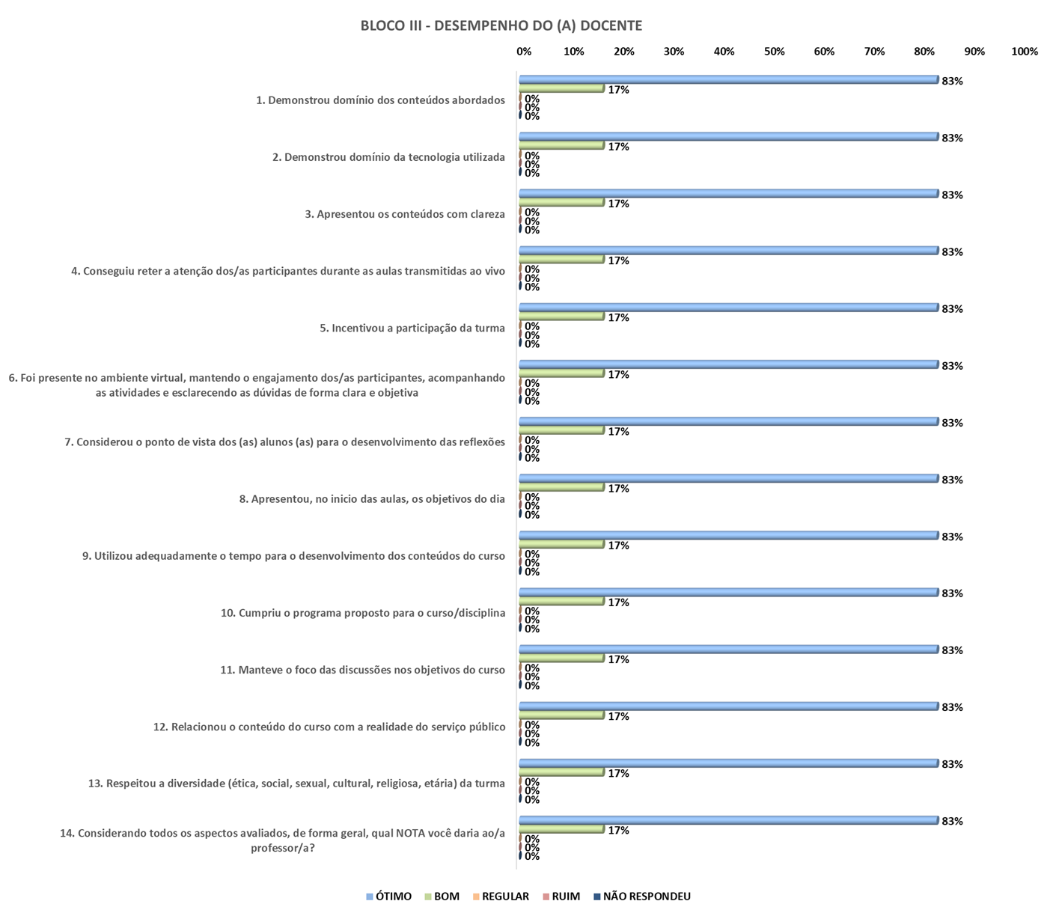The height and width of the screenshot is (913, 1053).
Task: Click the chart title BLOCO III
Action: [x=501, y=25]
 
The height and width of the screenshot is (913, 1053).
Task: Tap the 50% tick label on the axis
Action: [x=774, y=52]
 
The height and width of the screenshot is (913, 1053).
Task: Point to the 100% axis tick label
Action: [x=1024, y=52]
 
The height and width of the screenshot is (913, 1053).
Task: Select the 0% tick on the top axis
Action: [x=524, y=52]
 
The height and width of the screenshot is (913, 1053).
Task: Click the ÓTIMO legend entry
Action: [x=389, y=896]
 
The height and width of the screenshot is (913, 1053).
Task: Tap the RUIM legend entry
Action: [x=561, y=896]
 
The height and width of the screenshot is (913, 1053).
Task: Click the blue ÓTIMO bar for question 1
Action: [x=728, y=79]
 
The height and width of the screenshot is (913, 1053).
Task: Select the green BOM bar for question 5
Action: [x=561, y=317]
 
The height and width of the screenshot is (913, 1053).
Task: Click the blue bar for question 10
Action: [x=728, y=592]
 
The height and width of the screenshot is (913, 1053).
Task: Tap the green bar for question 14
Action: [x=561, y=829]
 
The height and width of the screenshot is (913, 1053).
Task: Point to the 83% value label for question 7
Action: [x=952, y=423]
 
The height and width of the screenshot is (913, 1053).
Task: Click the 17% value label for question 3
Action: [x=618, y=204]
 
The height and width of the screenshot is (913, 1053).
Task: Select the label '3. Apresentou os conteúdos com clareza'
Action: [x=405, y=214]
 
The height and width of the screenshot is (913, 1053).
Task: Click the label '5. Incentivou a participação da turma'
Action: [x=412, y=328]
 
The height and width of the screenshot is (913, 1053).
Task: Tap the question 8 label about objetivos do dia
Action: [x=372, y=498]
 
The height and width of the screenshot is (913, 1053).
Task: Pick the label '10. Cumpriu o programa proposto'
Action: [x=363, y=613]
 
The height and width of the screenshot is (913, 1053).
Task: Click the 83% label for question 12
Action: [x=952, y=707]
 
